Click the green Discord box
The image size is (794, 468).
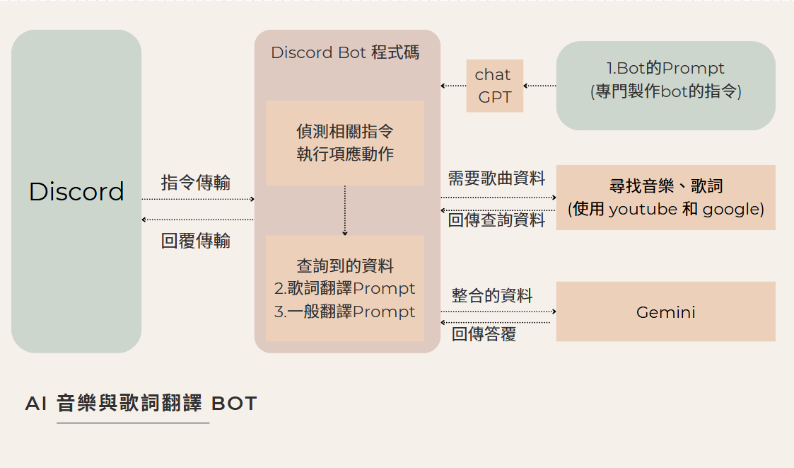(76, 191)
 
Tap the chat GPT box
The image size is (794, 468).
(494, 86)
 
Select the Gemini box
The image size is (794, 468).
(665, 312)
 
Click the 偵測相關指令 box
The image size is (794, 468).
(345, 142)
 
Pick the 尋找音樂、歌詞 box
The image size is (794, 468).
(665, 197)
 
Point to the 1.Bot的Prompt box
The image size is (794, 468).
(665, 86)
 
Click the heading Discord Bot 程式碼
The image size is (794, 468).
(345, 53)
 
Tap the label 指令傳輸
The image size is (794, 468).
(196, 183)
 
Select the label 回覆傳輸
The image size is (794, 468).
(196, 241)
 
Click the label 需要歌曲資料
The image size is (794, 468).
(496, 178)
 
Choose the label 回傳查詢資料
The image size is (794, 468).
(496, 220)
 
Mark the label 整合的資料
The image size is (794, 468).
(492, 296)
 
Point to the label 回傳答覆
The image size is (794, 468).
(484, 334)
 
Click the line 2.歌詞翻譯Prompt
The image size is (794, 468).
(345, 289)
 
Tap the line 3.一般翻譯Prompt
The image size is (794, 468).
(345, 312)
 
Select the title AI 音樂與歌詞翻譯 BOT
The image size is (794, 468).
(141, 404)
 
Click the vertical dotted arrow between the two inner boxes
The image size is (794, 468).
(345, 210)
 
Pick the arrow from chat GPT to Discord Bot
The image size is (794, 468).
(453, 86)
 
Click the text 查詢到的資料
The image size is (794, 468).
(345, 266)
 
